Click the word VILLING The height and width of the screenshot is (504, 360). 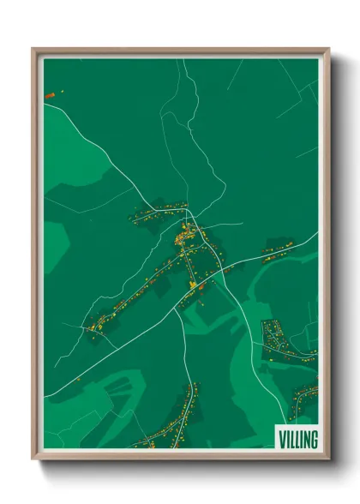click(297, 440)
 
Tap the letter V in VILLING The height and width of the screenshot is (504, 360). click(282, 440)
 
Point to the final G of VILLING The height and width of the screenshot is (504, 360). click(314, 440)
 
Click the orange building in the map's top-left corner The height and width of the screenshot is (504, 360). click(50, 93)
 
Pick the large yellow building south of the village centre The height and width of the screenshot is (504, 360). click(194, 285)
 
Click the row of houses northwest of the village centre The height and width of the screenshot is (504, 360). click(159, 210)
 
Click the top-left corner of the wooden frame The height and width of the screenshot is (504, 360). click(33, 49)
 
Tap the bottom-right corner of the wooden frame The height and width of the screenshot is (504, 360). click(327, 459)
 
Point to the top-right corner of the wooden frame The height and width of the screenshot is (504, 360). click(327, 49)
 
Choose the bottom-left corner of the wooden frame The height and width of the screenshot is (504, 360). click(33, 459)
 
